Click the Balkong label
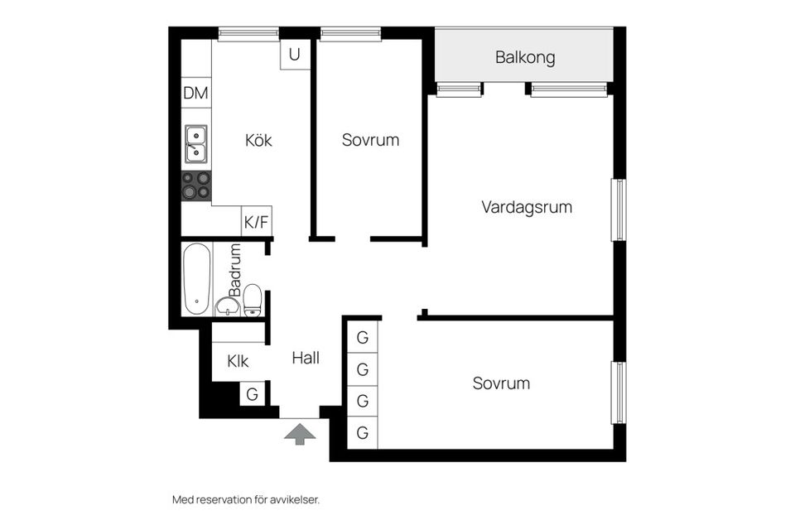524,58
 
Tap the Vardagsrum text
527,207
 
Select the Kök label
258,140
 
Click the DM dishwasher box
196,94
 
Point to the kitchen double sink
196,143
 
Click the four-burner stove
196,185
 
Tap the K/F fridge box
256,222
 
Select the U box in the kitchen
295,55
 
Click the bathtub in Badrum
196,279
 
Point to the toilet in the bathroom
253,300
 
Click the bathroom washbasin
227,307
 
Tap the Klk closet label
238,361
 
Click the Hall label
306,359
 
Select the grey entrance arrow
299,433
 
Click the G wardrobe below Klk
252,394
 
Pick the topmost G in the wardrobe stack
362,338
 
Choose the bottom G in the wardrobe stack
362,432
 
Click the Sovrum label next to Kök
370,140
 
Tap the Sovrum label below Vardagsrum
501,383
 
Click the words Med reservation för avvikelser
245,499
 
